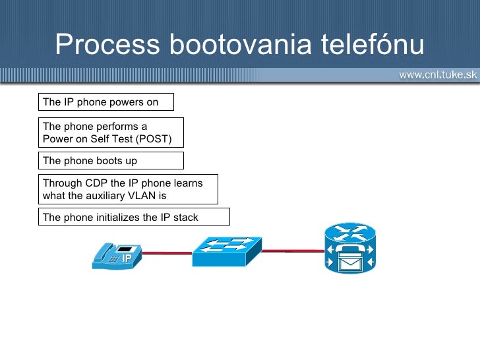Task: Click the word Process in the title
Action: (x=107, y=44)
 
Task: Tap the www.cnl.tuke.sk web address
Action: (x=438, y=75)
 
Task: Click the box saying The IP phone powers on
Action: (x=106, y=102)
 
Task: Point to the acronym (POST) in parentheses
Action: (x=154, y=139)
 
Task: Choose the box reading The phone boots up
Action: (x=111, y=160)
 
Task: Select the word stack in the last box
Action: (x=185, y=218)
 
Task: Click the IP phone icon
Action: (x=117, y=256)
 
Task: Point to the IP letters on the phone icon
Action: (x=127, y=258)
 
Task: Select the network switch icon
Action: (x=227, y=252)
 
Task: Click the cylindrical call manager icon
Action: (x=350, y=248)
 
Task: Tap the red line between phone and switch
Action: (x=167, y=253)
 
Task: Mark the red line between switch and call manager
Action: (x=293, y=251)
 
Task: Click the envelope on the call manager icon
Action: (x=350, y=263)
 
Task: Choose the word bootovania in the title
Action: (x=240, y=44)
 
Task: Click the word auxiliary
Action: (x=105, y=196)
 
